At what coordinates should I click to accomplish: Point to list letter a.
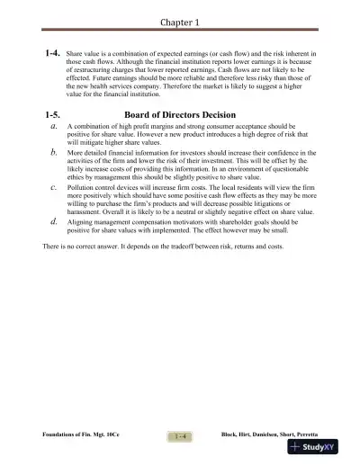(56, 128)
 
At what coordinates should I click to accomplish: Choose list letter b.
(56, 154)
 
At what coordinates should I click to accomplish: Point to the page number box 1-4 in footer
(180, 436)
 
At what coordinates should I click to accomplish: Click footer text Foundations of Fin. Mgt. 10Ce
(81, 435)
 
